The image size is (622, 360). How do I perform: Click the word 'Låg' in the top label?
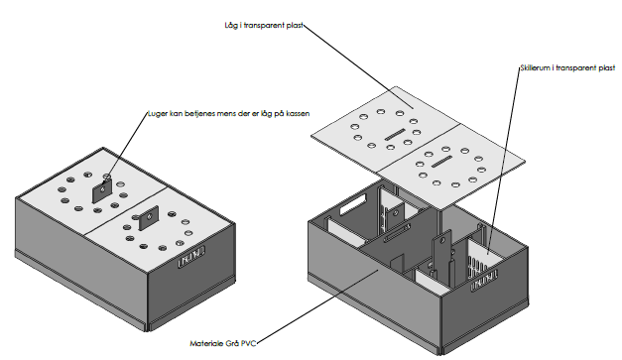[x=231, y=26]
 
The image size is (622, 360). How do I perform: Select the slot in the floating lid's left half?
[x=394, y=134]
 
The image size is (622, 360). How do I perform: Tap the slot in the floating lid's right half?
[x=441, y=162]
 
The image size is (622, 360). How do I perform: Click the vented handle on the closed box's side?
[x=191, y=257]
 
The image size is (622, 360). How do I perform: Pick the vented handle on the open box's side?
[x=484, y=281]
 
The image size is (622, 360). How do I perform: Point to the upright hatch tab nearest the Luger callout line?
[x=102, y=190]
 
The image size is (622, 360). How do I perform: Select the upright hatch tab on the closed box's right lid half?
[x=149, y=218]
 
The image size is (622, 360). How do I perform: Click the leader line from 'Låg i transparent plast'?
[x=358, y=66]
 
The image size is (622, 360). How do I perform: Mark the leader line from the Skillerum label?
[x=504, y=162]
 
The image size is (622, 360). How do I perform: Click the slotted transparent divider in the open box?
[x=483, y=260]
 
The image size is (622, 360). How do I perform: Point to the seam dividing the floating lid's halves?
[x=418, y=150]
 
